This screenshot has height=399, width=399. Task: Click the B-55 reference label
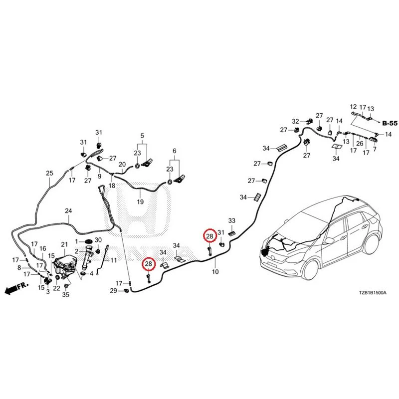click(x=390, y=123)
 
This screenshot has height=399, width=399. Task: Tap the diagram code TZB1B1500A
click(x=373, y=293)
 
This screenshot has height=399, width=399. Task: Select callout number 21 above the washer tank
click(x=64, y=244)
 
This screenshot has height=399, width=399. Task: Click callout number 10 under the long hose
click(x=215, y=272)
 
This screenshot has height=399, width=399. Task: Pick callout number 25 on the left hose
click(x=49, y=173)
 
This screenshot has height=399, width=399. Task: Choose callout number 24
click(x=68, y=210)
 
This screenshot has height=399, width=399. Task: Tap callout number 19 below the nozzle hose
click(x=140, y=202)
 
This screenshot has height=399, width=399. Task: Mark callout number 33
click(x=232, y=220)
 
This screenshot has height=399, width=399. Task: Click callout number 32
click(x=295, y=121)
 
